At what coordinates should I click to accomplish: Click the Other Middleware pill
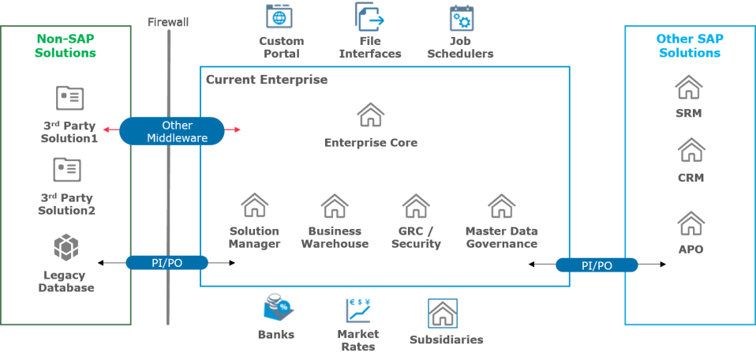click(x=171, y=131)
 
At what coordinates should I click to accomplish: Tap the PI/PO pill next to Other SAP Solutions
click(x=597, y=265)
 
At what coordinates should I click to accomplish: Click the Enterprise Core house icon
click(x=371, y=114)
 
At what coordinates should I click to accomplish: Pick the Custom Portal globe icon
click(x=279, y=17)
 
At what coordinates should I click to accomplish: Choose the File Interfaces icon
click(x=369, y=17)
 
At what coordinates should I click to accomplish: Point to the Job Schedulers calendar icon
click(x=461, y=17)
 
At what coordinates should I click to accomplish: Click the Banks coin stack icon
click(x=279, y=308)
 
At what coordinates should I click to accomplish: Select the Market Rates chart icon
click(x=357, y=310)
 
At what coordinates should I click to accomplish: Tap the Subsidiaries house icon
click(x=442, y=313)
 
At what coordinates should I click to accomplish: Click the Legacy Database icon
click(x=65, y=247)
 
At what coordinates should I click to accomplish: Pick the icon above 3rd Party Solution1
click(x=69, y=98)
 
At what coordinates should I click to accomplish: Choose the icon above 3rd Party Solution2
click(x=66, y=170)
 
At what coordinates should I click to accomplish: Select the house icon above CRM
click(x=691, y=150)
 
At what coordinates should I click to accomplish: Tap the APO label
click(x=690, y=249)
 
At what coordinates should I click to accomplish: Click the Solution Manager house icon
click(x=254, y=205)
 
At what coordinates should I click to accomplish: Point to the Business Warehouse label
click(x=335, y=238)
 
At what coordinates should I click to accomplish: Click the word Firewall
click(x=168, y=22)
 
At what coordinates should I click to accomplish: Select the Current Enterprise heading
click(x=267, y=80)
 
